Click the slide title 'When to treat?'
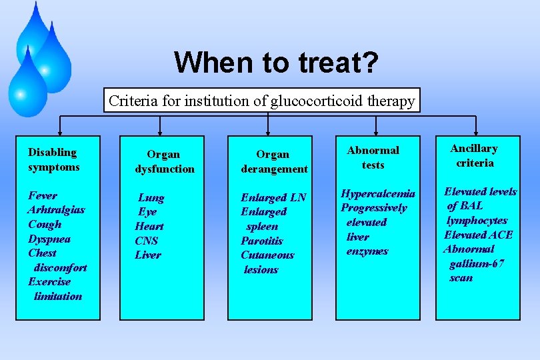277,63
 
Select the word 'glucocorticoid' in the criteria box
324,101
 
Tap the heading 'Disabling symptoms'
53,159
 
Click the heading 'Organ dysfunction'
164,161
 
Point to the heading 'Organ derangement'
273,161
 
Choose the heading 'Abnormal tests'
373,157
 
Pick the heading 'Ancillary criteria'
474,155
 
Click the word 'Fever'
42,195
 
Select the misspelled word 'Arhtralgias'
56,209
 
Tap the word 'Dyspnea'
49,239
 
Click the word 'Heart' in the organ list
149,226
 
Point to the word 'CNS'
146,241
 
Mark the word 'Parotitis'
261,241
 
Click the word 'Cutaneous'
267,255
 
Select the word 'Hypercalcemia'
378,193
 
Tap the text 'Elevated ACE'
478,235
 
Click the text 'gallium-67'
477,263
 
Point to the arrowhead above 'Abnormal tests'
377,131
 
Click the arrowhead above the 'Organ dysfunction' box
160,131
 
